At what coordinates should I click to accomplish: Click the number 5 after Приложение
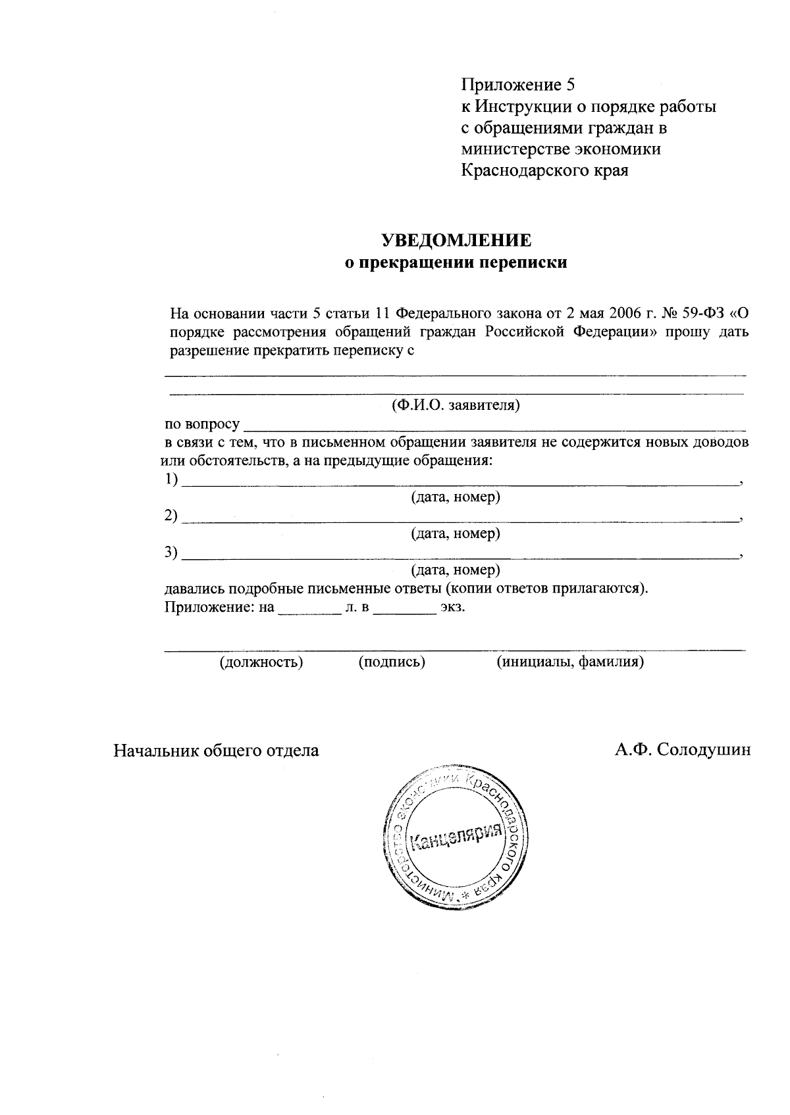pos(570,85)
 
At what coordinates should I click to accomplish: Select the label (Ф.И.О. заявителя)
pos(456,405)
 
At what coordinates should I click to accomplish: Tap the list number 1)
pos(171,480)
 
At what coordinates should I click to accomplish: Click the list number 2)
pos(171,516)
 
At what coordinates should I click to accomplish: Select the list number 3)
pos(171,553)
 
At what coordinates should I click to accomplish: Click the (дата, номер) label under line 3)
pos(456,570)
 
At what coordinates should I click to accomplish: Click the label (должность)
pos(261,662)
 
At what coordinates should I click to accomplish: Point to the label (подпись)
pos(392,662)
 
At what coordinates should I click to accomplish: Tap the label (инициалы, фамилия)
pos(569,662)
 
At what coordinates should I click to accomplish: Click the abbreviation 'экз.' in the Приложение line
pos(453,607)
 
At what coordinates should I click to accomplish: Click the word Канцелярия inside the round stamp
pos(456,836)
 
